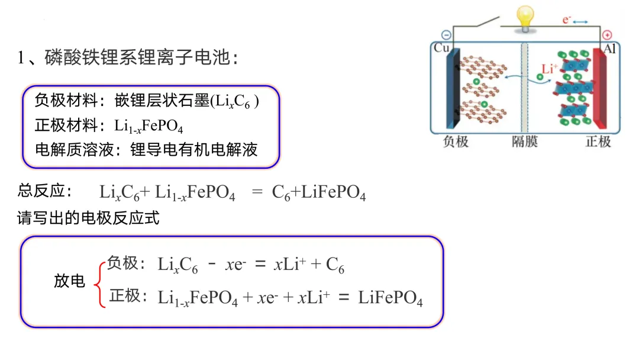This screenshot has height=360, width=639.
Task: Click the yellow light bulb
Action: click(524, 17)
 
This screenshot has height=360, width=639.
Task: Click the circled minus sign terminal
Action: click(446, 35)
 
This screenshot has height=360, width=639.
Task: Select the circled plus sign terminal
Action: click(606, 35)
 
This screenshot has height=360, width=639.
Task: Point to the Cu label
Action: click(442, 48)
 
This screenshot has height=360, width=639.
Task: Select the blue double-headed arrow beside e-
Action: click(580, 22)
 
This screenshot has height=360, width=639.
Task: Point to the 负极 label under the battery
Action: click(456, 142)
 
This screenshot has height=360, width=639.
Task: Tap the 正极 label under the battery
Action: click(598, 142)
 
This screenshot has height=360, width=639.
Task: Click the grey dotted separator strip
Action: click(523, 89)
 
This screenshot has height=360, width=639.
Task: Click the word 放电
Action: click(70, 282)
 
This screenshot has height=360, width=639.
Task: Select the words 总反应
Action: click(45, 191)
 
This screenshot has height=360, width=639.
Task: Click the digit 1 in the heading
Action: click(22, 58)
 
